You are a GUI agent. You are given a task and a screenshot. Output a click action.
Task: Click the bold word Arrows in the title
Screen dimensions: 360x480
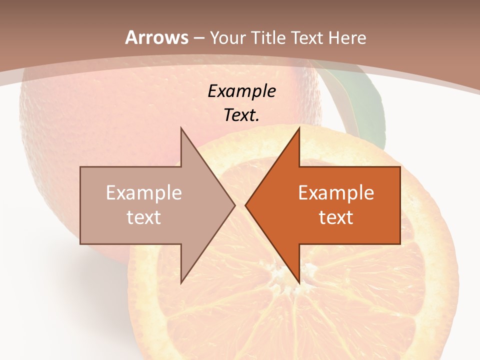tap(156, 37)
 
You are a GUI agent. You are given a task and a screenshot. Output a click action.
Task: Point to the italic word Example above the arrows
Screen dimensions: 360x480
tap(241, 91)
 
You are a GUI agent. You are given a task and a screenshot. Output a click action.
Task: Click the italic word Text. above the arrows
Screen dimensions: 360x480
tap(241, 115)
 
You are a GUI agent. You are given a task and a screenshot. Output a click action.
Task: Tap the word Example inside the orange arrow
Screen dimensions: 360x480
tap(336, 193)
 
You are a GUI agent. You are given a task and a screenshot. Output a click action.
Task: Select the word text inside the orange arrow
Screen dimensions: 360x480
tap(336, 217)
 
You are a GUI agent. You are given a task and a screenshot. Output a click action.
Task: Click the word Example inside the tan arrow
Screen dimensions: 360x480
tap(144, 193)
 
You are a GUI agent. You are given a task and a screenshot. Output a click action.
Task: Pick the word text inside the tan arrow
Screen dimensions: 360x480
tap(144, 217)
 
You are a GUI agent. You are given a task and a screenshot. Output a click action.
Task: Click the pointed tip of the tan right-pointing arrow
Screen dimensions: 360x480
tap(234, 205)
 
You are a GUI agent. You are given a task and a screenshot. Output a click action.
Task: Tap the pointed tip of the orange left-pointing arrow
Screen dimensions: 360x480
tap(245, 205)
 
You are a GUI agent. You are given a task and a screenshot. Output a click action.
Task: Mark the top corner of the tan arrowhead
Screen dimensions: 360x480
tap(181, 128)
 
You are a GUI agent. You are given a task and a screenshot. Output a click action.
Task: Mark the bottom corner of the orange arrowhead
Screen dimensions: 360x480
tap(299, 282)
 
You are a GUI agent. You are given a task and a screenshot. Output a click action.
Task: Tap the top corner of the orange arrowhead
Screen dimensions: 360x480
tap(299, 128)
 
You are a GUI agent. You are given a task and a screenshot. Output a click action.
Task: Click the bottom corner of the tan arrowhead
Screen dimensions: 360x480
tap(181, 282)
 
